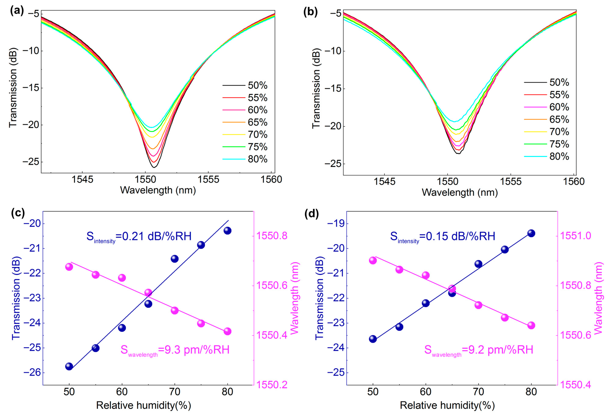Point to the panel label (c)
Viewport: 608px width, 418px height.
tap(18, 213)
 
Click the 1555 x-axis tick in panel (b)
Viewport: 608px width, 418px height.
tap(510, 182)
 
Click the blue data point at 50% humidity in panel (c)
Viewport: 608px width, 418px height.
tap(69, 366)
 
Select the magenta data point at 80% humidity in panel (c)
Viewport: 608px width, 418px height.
tap(227, 331)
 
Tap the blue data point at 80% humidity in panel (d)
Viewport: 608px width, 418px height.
tap(531, 233)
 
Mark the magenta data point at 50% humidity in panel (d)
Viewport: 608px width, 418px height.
tap(373, 260)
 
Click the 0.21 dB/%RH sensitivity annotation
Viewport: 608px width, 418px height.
tap(139, 236)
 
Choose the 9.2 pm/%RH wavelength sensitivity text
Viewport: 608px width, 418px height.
tap(479, 350)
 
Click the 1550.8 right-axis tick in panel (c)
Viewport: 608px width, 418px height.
tap(272, 236)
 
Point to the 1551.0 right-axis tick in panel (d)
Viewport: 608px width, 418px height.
tap(575, 236)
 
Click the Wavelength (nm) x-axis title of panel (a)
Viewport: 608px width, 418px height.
tap(158, 190)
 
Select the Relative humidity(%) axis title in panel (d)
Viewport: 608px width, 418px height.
tap(447, 405)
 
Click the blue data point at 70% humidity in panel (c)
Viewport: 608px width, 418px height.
tap(175, 259)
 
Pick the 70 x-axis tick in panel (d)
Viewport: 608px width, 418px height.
tap(478, 392)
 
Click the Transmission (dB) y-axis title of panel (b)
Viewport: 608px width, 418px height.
tap(316, 88)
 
